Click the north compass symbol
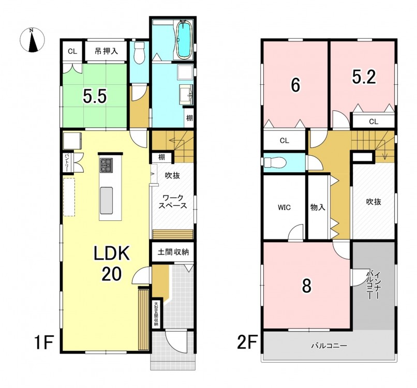(x=32, y=40)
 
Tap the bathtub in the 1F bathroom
(x=183, y=40)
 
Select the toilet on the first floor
(x=139, y=53)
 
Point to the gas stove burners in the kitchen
(x=107, y=165)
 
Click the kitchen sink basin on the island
(x=106, y=200)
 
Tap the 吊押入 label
(x=106, y=51)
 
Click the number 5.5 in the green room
(x=95, y=96)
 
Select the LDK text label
(x=111, y=253)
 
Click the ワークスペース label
(x=173, y=202)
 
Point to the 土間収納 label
(x=173, y=251)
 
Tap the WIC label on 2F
(x=284, y=207)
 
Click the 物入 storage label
(x=318, y=207)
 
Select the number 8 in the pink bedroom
(x=307, y=286)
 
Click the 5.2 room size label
(x=364, y=77)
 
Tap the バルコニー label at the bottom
(x=329, y=346)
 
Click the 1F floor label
(x=44, y=342)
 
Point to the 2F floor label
(x=247, y=342)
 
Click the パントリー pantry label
(x=67, y=162)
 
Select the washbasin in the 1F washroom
(x=187, y=94)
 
